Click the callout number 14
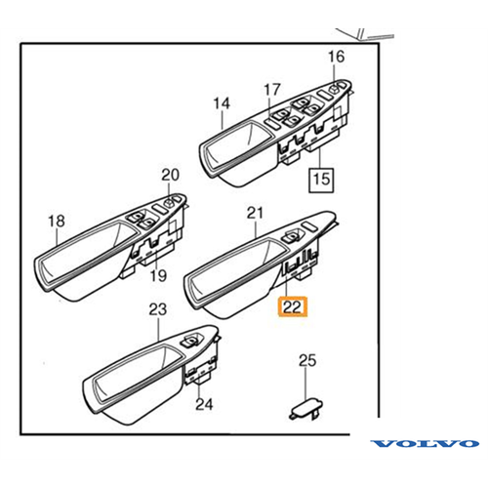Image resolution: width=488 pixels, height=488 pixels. point(222,103)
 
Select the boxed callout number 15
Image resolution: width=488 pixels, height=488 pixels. point(321,180)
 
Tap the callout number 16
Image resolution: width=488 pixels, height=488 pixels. point(336,57)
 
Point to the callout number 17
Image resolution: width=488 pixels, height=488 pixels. point(272,90)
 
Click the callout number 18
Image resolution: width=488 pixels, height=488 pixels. point(57,222)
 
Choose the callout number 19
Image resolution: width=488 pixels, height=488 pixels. point(158,275)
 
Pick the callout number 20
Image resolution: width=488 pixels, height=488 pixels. point(170,175)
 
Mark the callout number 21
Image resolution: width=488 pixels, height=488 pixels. point(255,214)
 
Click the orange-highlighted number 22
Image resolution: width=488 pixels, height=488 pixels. point(292,306)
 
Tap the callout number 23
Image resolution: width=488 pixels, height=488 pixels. point(158,309)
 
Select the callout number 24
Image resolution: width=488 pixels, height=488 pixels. point(204,404)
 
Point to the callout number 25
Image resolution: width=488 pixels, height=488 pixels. point(307,360)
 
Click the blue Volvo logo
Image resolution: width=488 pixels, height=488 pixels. point(425,443)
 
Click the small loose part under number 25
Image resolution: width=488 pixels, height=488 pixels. point(305,409)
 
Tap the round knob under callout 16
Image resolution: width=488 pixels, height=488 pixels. point(334,88)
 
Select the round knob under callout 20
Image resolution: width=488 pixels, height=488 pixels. point(169,203)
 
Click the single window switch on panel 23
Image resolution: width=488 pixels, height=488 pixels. point(190,341)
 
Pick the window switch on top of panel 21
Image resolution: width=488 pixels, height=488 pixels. point(292,236)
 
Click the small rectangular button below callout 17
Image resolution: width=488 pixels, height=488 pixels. point(271,123)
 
